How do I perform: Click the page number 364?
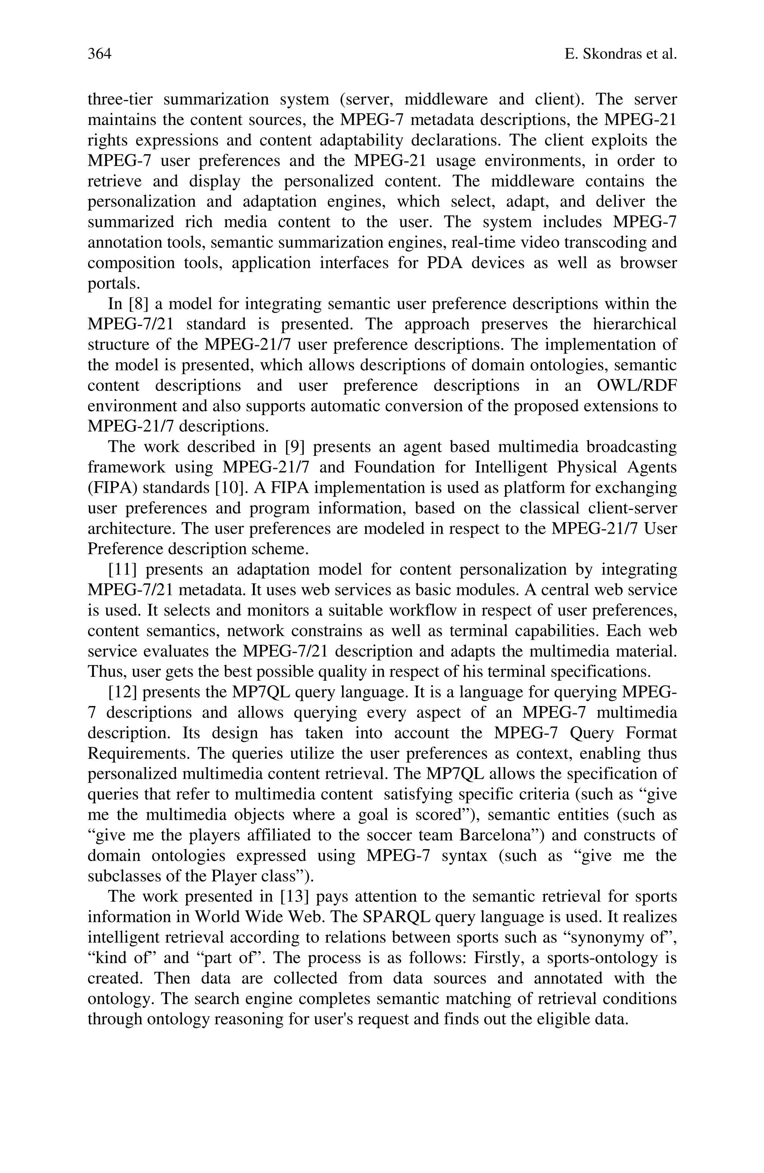click(100, 54)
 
